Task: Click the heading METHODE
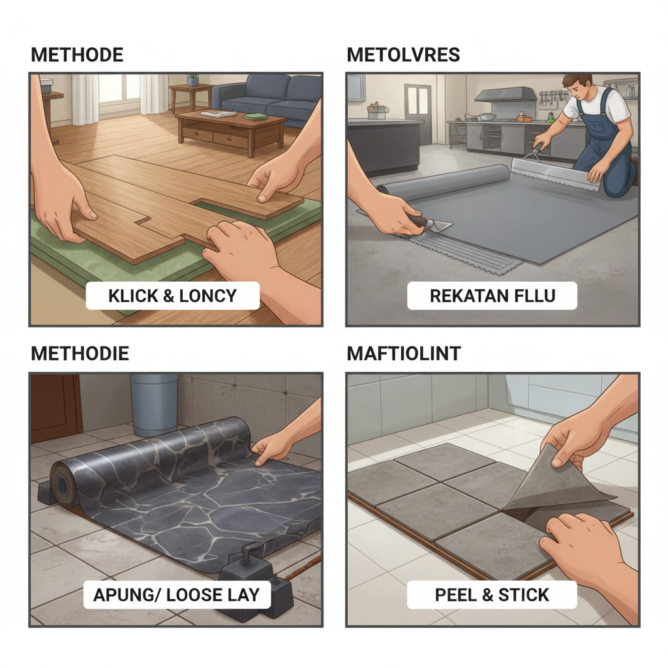click(x=77, y=55)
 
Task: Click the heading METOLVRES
click(x=403, y=55)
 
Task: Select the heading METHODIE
click(x=80, y=354)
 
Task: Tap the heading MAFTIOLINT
click(x=403, y=354)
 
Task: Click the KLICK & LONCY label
click(x=172, y=296)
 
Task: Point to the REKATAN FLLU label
click(x=493, y=296)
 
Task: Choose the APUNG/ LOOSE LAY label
click(x=176, y=595)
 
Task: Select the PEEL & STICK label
click(x=492, y=595)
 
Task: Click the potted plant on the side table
click(x=192, y=80)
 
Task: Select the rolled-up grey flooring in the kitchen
click(x=443, y=181)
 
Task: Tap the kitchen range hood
click(x=505, y=94)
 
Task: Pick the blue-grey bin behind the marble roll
click(x=153, y=402)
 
